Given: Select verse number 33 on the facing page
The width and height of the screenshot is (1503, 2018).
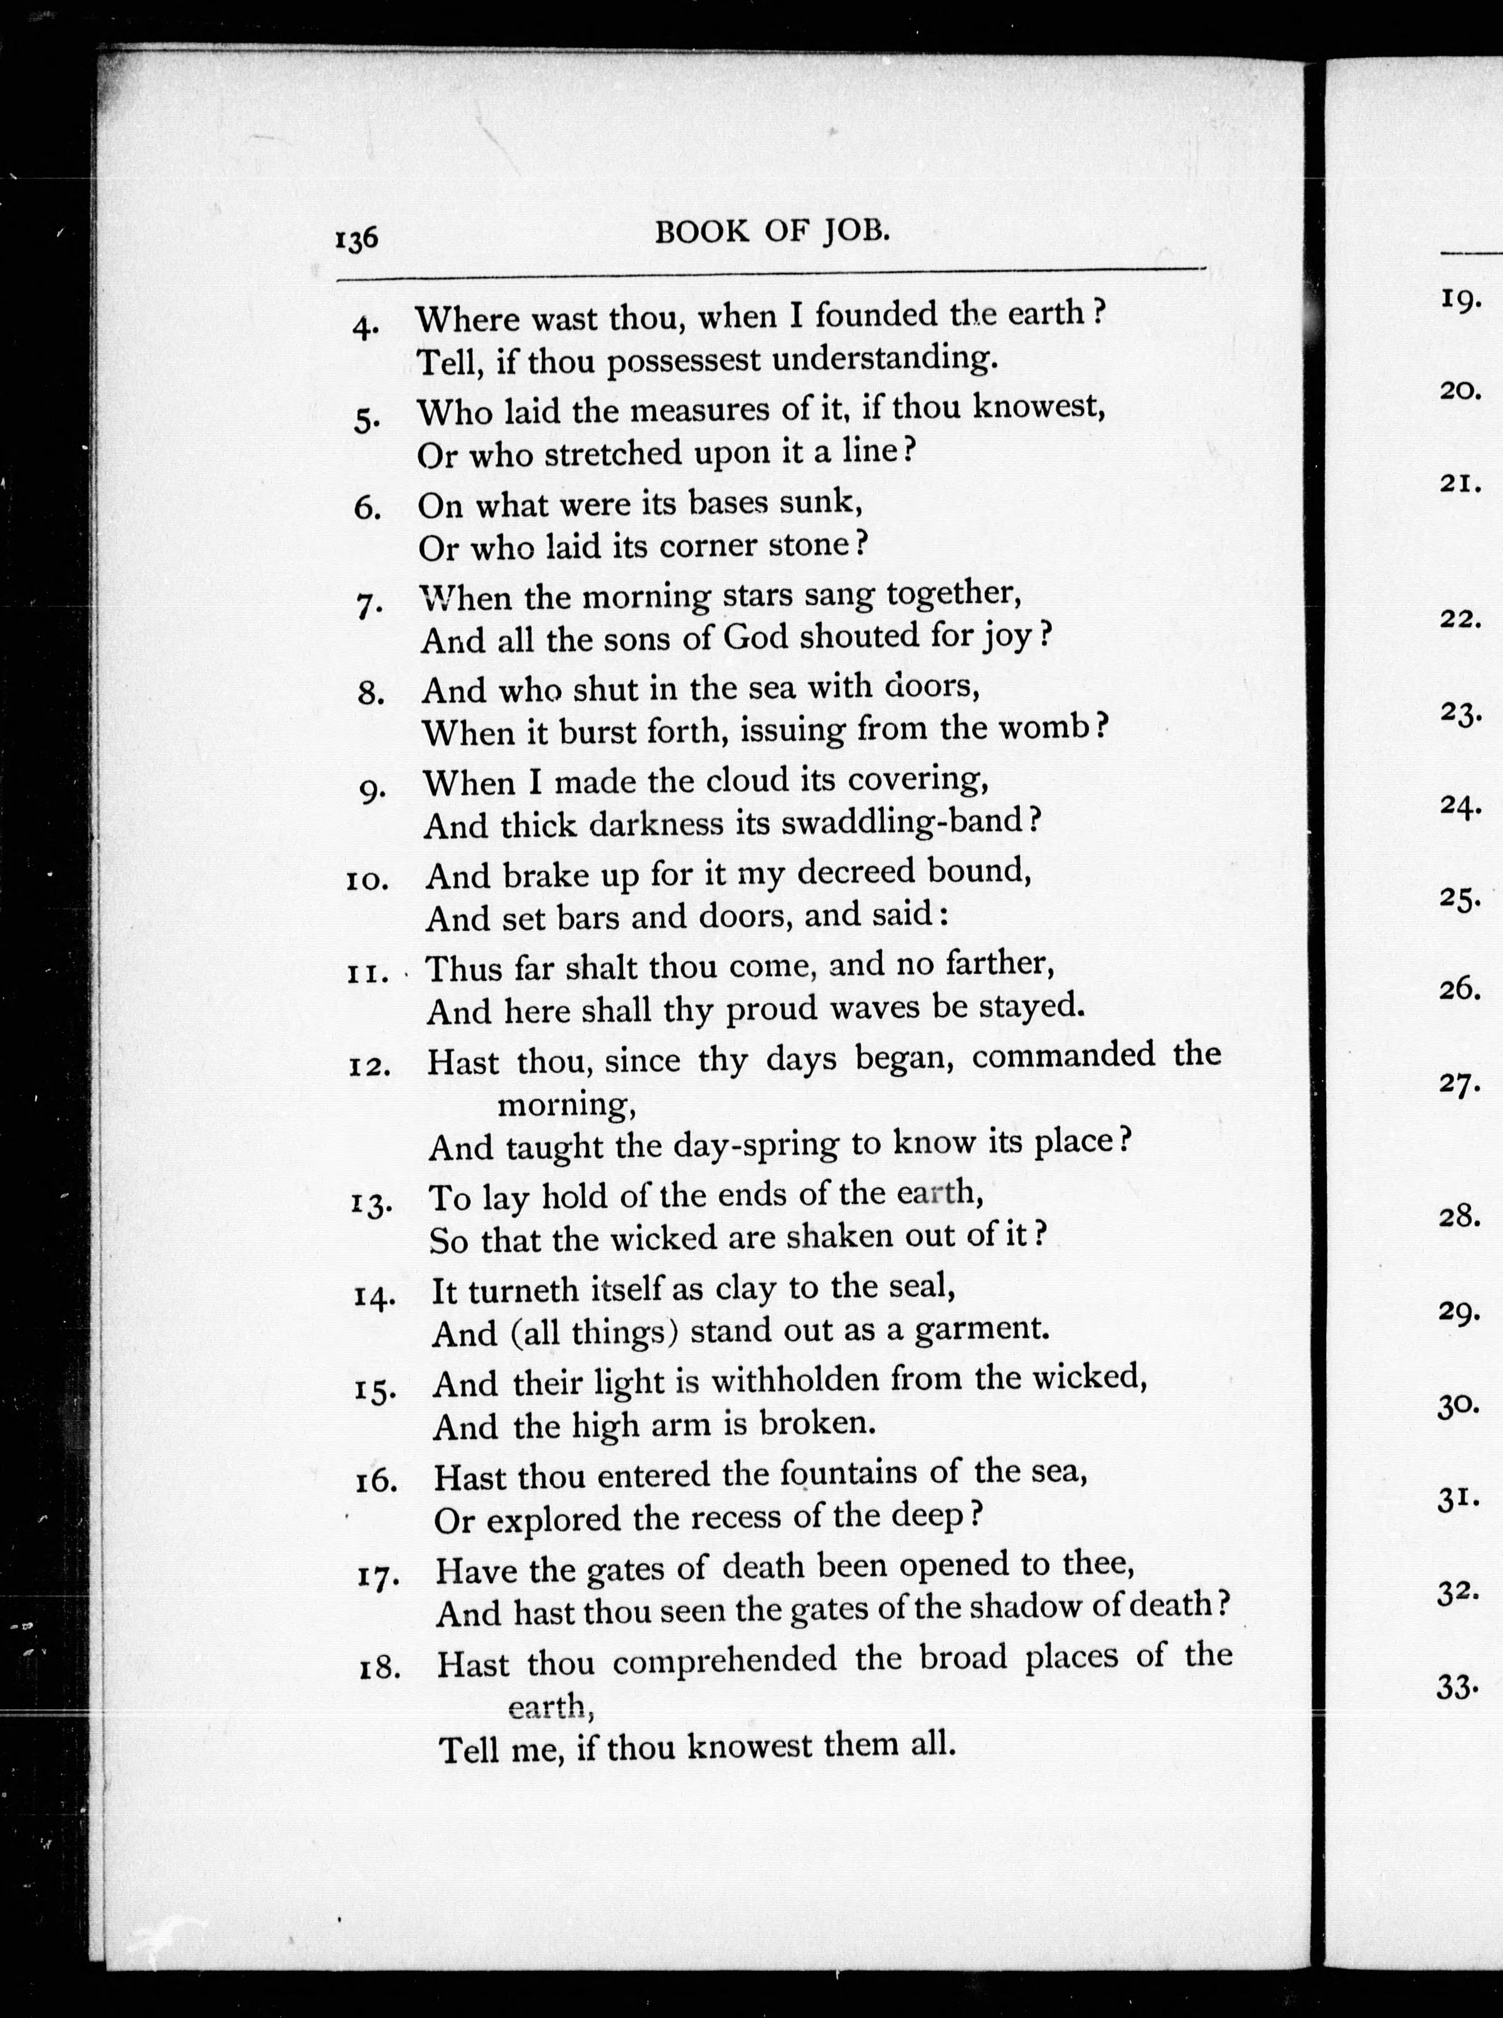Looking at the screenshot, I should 1456,1688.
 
